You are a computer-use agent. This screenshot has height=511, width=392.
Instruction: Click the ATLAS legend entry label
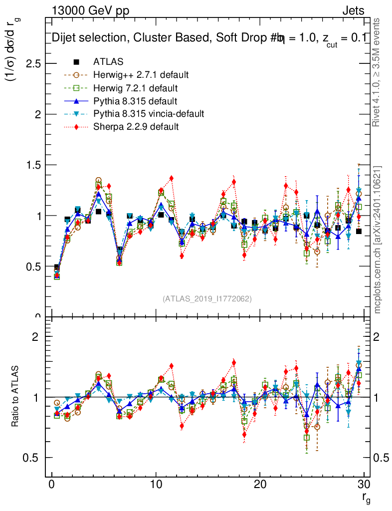click(108, 62)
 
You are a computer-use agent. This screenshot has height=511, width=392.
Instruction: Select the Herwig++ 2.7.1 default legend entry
click(141, 75)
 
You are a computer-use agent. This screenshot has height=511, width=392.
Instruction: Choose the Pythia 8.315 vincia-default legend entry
click(149, 114)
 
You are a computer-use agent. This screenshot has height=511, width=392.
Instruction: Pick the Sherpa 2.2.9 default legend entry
click(136, 127)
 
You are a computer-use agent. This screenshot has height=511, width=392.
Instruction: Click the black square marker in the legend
click(76, 62)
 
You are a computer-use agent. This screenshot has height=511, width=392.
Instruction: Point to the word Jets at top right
click(353, 10)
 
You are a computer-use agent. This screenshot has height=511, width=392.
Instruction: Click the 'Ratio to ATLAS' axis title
click(15, 397)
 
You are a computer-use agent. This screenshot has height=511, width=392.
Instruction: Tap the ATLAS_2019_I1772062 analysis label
click(207, 299)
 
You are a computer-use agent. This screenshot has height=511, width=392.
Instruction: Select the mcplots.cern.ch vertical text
click(378, 239)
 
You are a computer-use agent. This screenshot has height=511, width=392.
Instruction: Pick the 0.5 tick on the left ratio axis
click(31, 458)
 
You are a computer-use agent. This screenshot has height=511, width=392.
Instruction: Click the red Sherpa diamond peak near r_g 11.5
click(172, 178)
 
